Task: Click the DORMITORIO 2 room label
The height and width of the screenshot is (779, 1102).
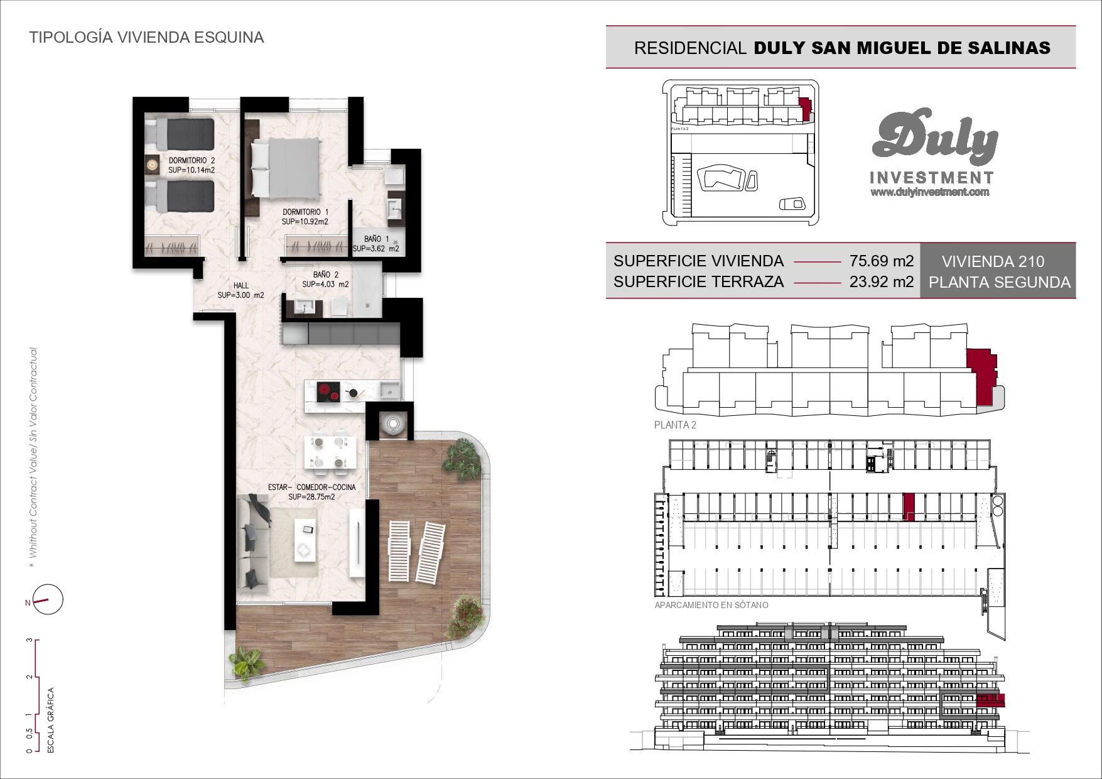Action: pos(192,161)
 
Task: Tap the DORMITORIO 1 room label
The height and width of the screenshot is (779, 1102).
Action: pos(305,212)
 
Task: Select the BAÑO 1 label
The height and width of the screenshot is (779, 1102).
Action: pos(376,239)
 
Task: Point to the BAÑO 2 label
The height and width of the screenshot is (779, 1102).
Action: pos(326,275)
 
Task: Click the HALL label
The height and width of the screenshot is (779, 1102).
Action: pos(241,285)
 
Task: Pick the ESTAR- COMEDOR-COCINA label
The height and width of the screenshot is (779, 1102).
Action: pos(311,487)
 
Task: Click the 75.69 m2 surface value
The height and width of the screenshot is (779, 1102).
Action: pos(881,261)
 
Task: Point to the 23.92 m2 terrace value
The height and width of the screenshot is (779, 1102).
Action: pos(881,281)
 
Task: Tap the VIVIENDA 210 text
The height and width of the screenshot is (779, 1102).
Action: pos(993,261)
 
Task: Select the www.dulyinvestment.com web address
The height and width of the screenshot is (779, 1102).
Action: pos(930,192)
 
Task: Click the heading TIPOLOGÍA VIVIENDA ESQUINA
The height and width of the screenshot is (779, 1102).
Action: pos(146,37)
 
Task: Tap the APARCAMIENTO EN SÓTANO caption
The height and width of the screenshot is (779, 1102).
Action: pos(711,605)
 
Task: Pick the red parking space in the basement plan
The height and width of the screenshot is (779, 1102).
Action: pos(909,507)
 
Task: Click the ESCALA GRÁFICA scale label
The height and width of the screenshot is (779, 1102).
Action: pos(51,720)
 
